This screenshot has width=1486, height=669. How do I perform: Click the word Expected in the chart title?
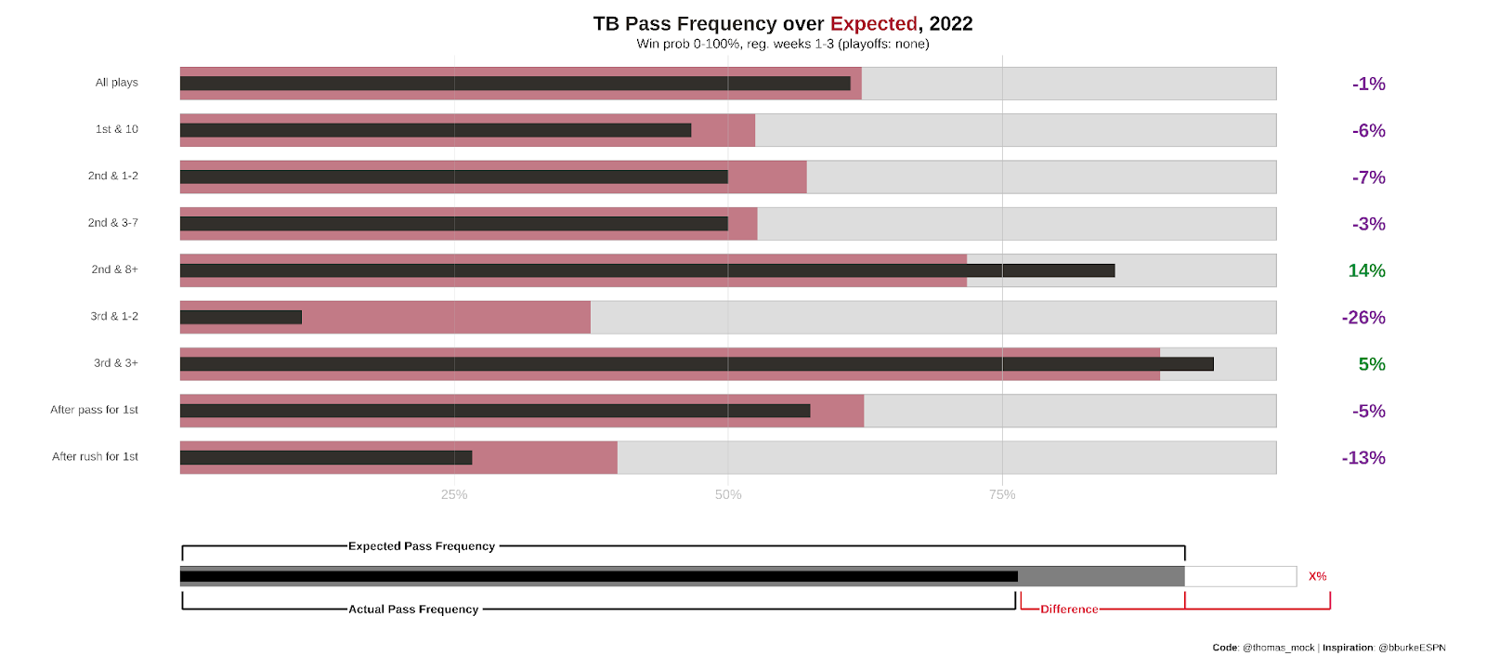[x=873, y=24]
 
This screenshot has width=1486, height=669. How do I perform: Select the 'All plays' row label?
[x=116, y=83]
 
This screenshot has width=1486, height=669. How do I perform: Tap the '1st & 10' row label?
[x=116, y=129]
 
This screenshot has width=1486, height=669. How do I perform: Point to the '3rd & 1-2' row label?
[x=114, y=317]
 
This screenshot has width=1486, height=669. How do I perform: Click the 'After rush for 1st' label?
[x=95, y=457]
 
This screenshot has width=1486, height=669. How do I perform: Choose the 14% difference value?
[x=1366, y=271]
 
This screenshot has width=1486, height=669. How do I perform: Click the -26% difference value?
[x=1363, y=318]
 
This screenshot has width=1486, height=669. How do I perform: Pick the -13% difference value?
[x=1363, y=458]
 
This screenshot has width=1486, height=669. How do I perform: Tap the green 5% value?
[x=1372, y=364]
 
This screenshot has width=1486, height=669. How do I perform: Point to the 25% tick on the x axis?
[x=454, y=495]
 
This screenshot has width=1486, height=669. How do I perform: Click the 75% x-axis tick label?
[x=1002, y=495]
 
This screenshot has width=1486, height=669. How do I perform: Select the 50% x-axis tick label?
[x=728, y=495]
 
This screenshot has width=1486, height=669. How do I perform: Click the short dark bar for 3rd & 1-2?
[x=241, y=318]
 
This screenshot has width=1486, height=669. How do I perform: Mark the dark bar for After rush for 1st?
[x=326, y=458]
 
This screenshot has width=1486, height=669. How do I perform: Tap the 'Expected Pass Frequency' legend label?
[x=422, y=546]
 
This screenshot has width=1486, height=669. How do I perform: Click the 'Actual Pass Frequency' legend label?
[x=413, y=610]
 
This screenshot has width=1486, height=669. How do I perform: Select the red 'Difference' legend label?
[x=1069, y=610]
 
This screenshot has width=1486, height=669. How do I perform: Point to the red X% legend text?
[x=1317, y=577]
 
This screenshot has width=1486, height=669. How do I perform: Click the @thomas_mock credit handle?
[x=1278, y=648]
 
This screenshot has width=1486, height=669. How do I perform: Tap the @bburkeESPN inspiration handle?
[x=1412, y=648]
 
